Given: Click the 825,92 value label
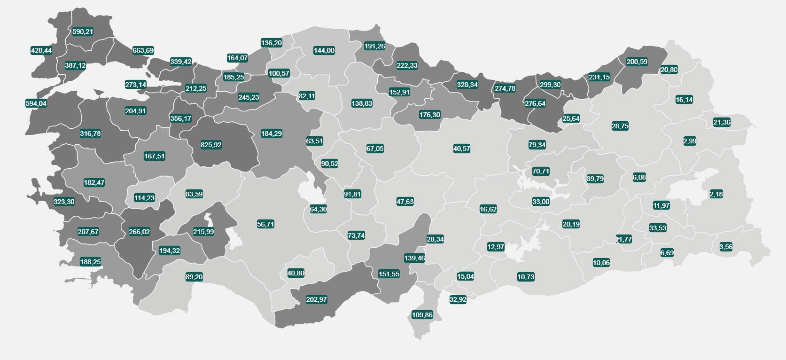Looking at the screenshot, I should point(211,145).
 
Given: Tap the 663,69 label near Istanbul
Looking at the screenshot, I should point(143,50).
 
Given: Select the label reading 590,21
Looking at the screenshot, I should point(83,31).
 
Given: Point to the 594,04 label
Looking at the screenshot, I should point(36,103).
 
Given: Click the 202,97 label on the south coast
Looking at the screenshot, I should point(316,299).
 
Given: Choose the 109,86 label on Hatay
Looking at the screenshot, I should point(422,315).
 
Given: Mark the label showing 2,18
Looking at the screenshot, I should point(716,194).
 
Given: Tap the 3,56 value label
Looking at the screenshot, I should point(726,247).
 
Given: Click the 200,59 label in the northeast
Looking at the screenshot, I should point(637,62).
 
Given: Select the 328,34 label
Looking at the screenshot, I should point(467,85).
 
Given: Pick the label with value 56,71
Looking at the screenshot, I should point(265,224).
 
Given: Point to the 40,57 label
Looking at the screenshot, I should point(461,149).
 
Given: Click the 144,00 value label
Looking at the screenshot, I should point(324,50).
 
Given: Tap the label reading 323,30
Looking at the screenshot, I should point(64,202).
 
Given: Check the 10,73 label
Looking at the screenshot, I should point(526,277).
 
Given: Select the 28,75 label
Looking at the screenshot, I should point(620,126).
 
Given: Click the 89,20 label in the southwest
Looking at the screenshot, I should point(194,277).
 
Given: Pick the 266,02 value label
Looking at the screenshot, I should point(139,232).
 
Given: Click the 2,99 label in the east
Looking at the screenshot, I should point(690,141).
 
